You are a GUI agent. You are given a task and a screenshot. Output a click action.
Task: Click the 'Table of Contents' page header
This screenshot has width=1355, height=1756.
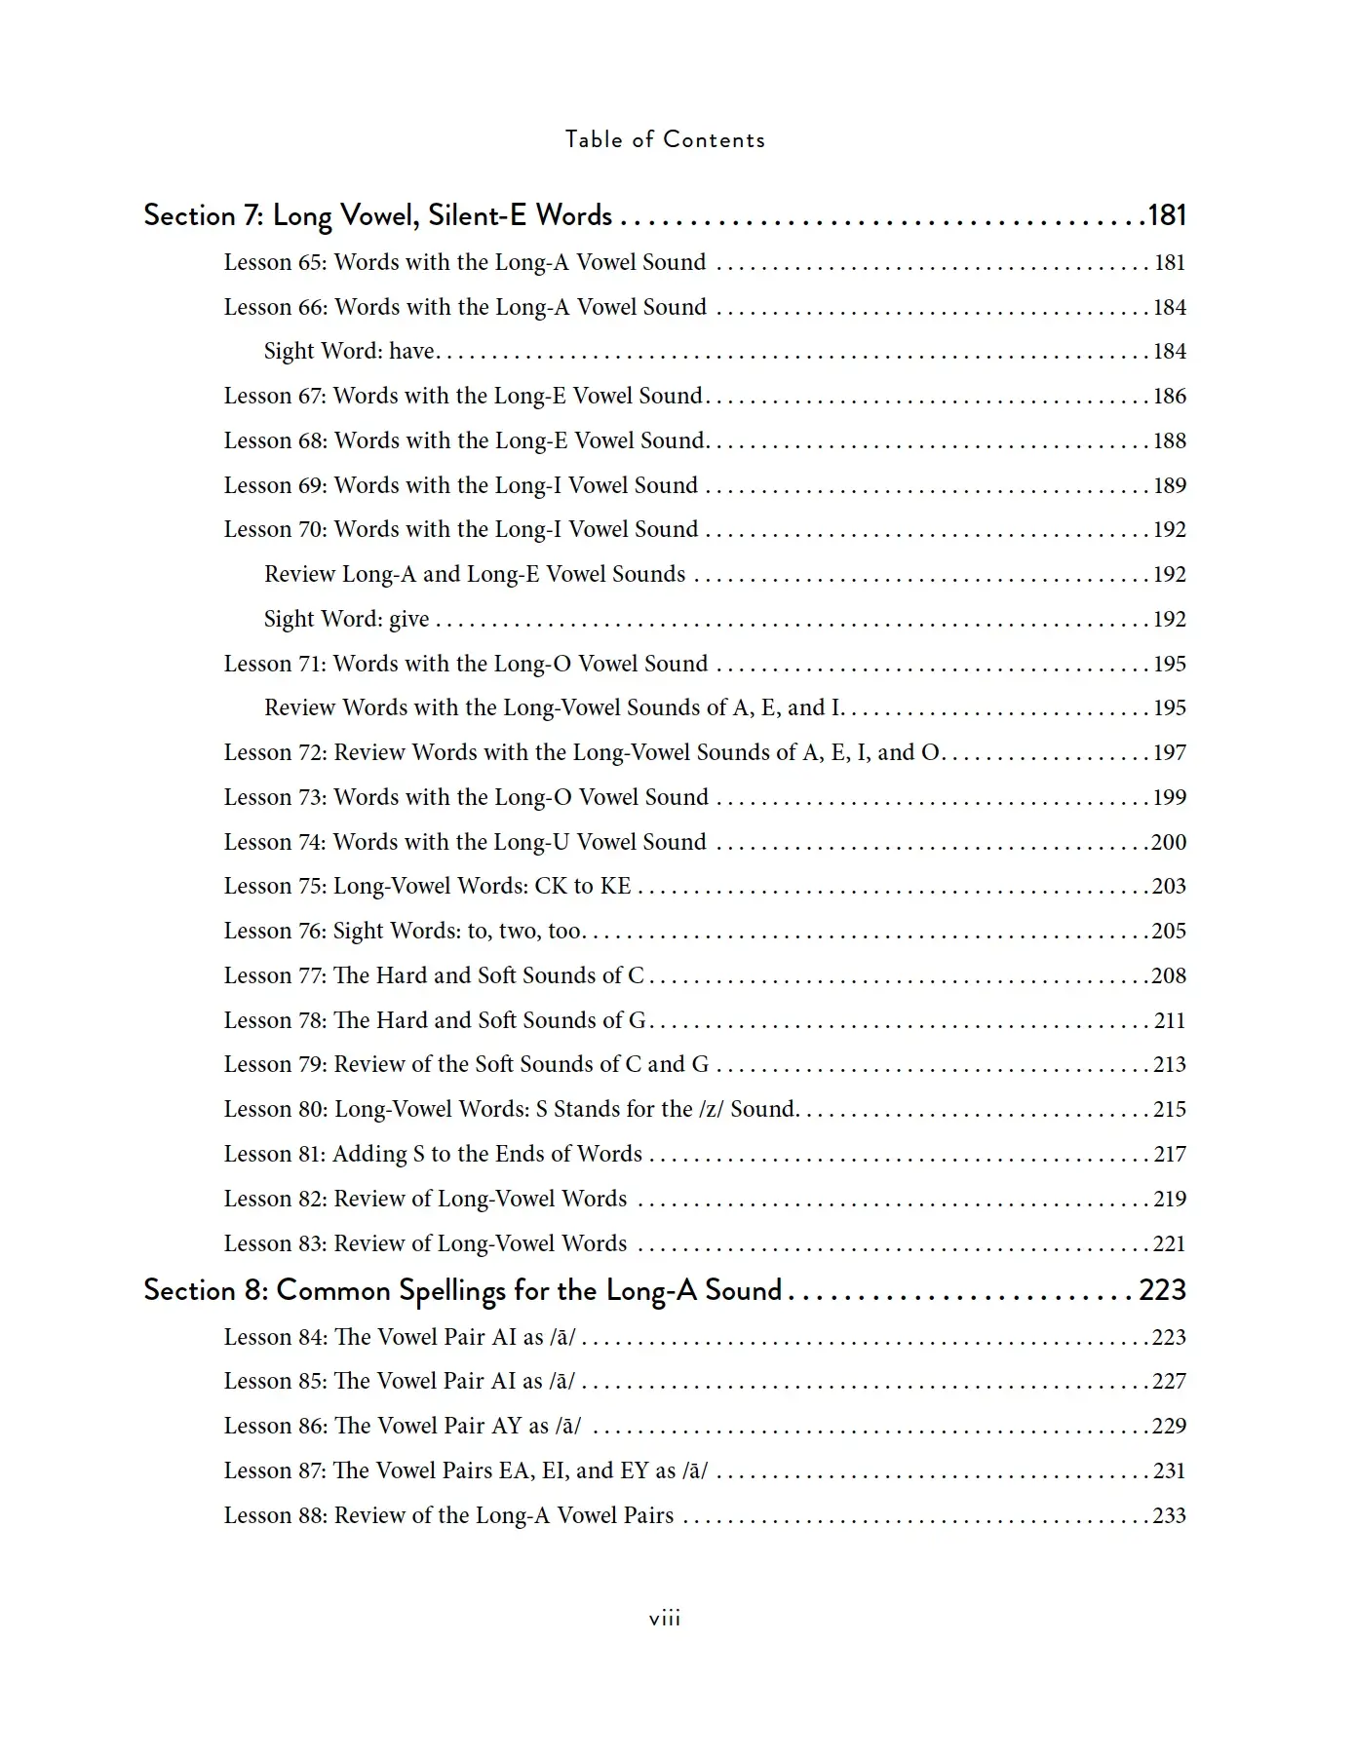[665, 139]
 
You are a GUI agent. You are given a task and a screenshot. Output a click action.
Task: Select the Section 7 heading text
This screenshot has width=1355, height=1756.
[377, 215]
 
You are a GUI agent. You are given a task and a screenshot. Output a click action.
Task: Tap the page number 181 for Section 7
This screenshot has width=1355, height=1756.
[1167, 215]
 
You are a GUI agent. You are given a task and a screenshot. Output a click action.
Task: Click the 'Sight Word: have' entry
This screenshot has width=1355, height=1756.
[349, 351]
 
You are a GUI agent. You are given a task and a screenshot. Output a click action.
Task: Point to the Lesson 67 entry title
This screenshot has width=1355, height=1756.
[463, 396]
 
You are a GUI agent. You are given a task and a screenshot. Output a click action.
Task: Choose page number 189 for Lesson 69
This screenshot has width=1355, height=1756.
[1170, 485]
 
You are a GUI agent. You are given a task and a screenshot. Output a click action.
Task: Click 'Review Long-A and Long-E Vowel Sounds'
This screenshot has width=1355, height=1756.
[475, 574]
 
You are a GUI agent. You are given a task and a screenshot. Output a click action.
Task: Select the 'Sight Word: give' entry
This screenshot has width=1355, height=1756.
[346, 619]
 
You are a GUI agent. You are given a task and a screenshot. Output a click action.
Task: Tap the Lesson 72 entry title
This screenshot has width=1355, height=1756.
[581, 752]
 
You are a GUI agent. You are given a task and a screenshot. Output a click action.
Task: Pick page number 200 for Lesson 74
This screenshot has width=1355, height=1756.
[1169, 842]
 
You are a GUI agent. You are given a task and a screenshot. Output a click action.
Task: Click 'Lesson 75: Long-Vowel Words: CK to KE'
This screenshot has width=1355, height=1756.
[427, 886]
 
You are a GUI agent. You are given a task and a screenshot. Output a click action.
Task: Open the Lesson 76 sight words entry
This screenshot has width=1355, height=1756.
[403, 931]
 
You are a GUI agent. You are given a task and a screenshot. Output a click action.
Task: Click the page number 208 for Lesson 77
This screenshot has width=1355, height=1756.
[1169, 975]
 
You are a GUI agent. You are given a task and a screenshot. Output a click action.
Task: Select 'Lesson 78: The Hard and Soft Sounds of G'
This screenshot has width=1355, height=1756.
[435, 1020]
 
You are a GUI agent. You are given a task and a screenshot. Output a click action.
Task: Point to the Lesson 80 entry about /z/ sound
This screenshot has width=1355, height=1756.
[511, 1109]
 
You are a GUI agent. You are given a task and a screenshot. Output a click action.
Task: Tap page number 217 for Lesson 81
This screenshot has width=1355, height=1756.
[1170, 1154]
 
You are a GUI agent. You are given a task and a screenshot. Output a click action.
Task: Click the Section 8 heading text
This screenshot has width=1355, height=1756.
[462, 1290]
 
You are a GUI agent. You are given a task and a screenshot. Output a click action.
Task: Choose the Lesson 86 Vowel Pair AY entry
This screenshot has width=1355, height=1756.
[402, 1426]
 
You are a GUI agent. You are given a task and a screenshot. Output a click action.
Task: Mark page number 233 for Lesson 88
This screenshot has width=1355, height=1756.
[1170, 1515]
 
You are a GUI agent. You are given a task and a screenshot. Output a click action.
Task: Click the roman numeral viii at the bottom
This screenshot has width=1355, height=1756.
[665, 1619]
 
